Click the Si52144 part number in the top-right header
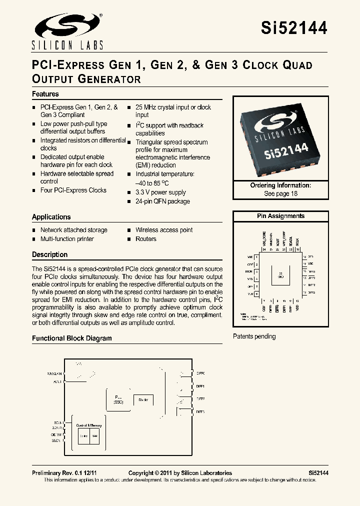click(294, 28)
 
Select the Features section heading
click(45, 94)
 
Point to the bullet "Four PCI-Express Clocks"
click(73, 190)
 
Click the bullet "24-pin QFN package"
click(162, 201)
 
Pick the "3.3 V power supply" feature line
click(160, 192)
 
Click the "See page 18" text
click(280, 193)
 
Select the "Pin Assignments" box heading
click(280, 216)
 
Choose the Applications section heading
click(51, 217)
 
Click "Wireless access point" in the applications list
click(164, 230)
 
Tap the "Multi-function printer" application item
click(67, 239)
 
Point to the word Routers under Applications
click(146, 239)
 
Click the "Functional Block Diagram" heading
click(72, 338)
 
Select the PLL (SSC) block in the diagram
click(118, 398)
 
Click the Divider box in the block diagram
click(143, 400)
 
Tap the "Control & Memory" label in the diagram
click(88, 425)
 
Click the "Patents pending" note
click(254, 336)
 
